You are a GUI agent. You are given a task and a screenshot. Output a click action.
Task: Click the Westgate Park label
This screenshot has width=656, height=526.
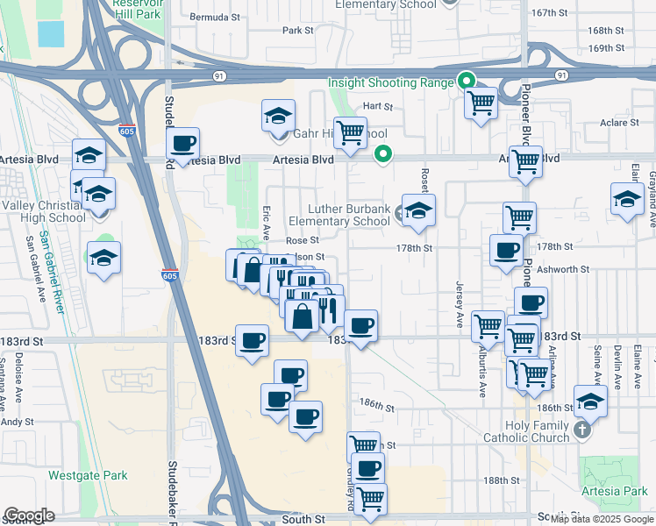tap(87, 476)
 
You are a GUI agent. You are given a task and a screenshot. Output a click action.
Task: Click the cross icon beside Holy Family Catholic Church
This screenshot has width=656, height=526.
tap(581, 431)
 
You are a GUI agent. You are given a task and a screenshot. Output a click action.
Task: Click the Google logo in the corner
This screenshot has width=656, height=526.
tap(29, 515)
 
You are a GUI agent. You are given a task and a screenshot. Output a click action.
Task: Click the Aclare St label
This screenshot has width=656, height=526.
tap(619, 123)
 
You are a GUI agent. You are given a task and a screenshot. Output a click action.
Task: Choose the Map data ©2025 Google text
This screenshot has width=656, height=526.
tap(602, 519)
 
